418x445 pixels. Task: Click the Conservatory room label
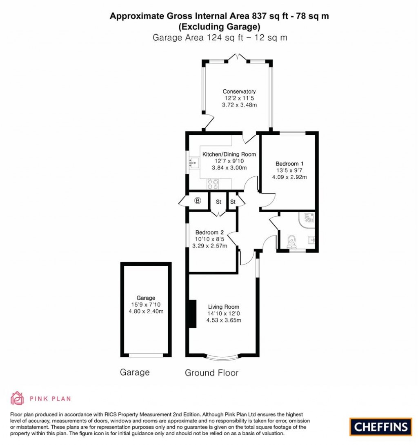click(x=239, y=91)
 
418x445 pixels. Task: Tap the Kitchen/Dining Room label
click(x=229, y=154)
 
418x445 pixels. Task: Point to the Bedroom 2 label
click(x=209, y=232)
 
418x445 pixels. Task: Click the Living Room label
click(x=223, y=307)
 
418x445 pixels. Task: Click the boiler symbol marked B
click(x=198, y=200)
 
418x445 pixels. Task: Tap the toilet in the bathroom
click(x=292, y=241)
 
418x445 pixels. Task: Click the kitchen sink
click(x=193, y=163)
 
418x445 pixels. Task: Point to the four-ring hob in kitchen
click(x=212, y=184)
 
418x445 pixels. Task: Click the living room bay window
click(x=223, y=358)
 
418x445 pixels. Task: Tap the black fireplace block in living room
click(x=192, y=313)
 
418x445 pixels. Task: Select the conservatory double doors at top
click(x=237, y=58)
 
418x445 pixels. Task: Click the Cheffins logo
click(x=380, y=427)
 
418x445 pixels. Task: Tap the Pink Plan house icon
click(x=17, y=398)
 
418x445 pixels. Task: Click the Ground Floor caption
click(x=211, y=373)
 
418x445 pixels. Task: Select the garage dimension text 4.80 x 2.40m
click(x=146, y=311)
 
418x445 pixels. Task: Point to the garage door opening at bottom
click(x=146, y=355)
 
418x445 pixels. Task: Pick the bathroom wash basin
click(x=312, y=240)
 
